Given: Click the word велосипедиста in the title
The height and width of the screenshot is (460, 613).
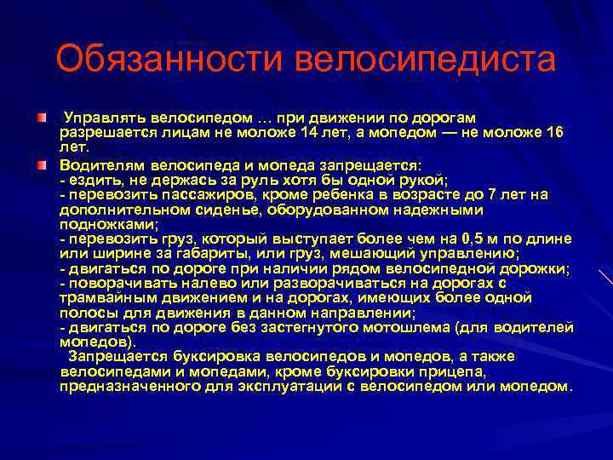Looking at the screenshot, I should (x=426, y=60).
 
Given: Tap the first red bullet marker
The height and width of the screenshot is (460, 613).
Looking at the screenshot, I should (x=42, y=116).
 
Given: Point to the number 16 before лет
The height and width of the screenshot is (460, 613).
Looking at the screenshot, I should (x=554, y=132).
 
